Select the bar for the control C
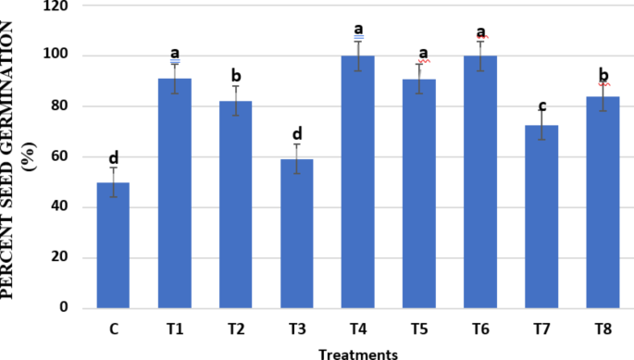tap(113, 245)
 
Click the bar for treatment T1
tap(174, 193)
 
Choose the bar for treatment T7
tap(541, 217)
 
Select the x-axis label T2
tap(235, 328)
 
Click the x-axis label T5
tap(419, 328)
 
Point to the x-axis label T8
tap(603, 328)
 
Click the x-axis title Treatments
tap(358, 353)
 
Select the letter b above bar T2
tap(235, 75)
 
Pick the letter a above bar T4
tap(358, 30)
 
